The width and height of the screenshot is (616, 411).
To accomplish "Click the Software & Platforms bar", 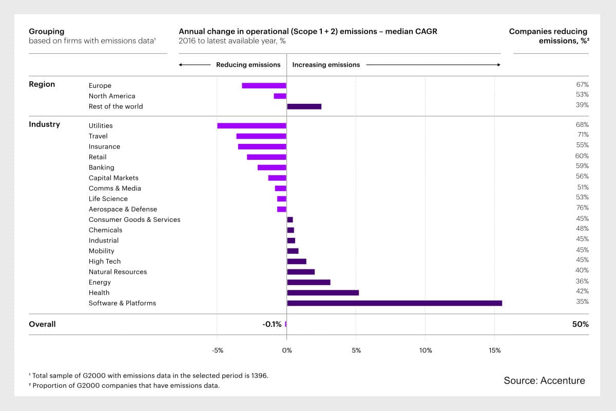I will pyautogui.click(x=394, y=303).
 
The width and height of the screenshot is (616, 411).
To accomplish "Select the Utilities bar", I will pyautogui.click(x=252, y=125).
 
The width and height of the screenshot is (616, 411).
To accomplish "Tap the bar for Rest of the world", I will pyautogui.click(x=304, y=106).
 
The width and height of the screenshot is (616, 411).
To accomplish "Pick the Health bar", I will pyautogui.click(x=323, y=293).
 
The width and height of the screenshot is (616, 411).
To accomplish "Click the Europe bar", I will pyautogui.click(x=264, y=86).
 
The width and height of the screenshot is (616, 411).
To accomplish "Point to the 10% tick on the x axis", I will pyautogui.click(x=426, y=350).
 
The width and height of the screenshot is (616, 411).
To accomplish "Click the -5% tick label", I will pyautogui.click(x=217, y=350).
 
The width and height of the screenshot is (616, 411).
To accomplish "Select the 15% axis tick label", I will pyautogui.click(x=494, y=350).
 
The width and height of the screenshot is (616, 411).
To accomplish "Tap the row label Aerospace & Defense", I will pyautogui.click(x=123, y=209).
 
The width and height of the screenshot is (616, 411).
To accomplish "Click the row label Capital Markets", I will pyautogui.click(x=113, y=178).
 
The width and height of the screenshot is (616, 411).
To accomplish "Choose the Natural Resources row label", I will pyautogui.click(x=118, y=272).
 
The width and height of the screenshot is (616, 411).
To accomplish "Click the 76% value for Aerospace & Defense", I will pyautogui.click(x=582, y=208).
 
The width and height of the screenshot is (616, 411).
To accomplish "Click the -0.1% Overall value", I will pyautogui.click(x=272, y=324).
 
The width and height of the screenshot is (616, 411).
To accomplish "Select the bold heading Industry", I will pyautogui.click(x=44, y=124).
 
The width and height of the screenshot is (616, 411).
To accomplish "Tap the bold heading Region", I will pyautogui.click(x=42, y=84).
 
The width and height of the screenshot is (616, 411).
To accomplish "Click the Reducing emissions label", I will pyautogui.click(x=248, y=65).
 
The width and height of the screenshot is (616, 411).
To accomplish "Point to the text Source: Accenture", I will pyautogui.click(x=544, y=381).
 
